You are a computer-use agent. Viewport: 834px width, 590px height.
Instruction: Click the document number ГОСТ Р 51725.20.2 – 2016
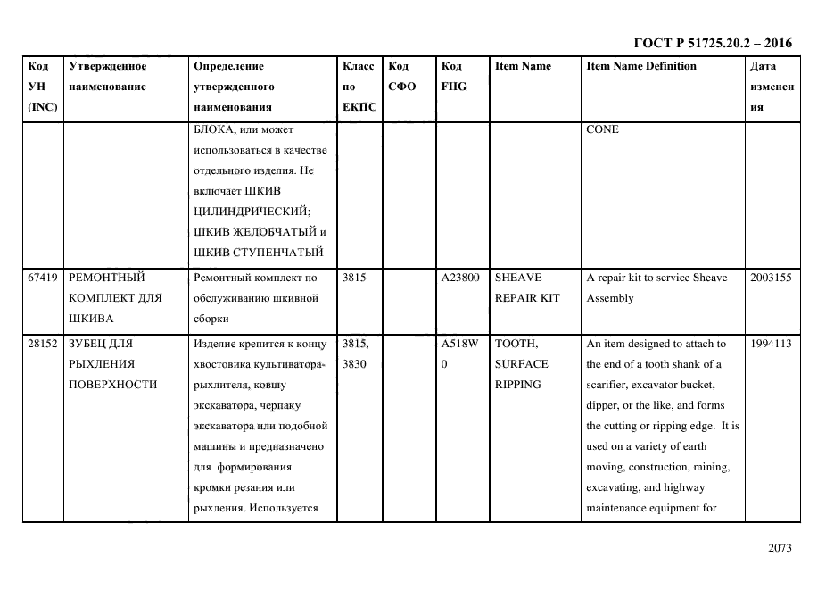(x=712, y=43)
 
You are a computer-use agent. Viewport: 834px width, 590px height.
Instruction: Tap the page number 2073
(x=779, y=548)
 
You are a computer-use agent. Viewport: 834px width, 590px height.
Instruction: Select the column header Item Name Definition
(x=641, y=66)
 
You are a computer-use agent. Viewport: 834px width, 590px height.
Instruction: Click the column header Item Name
(x=523, y=66)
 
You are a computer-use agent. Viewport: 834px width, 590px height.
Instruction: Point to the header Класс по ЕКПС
(x=359, y=87)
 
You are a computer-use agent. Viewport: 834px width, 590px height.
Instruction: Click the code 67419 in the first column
(x=43, y=278)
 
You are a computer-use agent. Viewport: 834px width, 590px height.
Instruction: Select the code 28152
(x=43, y=344)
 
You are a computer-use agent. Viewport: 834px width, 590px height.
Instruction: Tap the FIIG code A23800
(x=460, y=278)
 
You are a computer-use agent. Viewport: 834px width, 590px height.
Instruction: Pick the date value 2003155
(x=771, y=278)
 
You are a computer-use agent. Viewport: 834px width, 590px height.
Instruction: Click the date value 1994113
(x=771, y=344)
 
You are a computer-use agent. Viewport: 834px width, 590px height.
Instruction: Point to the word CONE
(x=602, y=129)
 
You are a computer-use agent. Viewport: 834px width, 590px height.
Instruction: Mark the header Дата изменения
(x=771, y=87)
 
